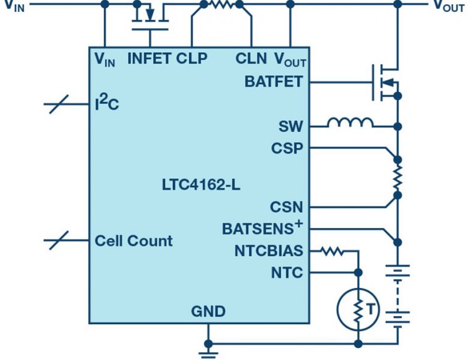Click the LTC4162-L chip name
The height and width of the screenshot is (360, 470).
(201, 185)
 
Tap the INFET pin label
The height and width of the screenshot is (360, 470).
(149, 58)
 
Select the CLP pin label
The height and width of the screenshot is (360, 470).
(191, 58)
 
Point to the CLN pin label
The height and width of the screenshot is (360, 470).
(251, 58)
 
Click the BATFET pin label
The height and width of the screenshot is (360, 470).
(274, 82)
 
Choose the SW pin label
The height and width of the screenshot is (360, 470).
(291, 127)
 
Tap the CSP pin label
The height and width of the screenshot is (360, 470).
(287, 148)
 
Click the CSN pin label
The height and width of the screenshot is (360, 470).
(286, 206)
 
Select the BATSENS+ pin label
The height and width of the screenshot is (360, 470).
(262, 228)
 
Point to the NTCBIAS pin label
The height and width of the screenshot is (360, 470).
(269, 251)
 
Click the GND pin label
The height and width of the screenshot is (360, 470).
(208, 311)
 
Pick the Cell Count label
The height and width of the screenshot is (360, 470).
(134, 241)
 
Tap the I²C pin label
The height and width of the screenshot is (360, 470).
(107, 103)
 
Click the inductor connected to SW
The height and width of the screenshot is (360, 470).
(351, 123)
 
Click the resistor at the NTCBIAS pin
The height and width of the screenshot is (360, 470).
(332, 251)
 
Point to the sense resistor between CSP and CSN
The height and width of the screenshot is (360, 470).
(397, 178)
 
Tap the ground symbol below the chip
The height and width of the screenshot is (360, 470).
(208, 353)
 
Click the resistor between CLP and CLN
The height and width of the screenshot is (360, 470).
(222, 4)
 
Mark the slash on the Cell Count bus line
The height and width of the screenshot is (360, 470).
(59, 240)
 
